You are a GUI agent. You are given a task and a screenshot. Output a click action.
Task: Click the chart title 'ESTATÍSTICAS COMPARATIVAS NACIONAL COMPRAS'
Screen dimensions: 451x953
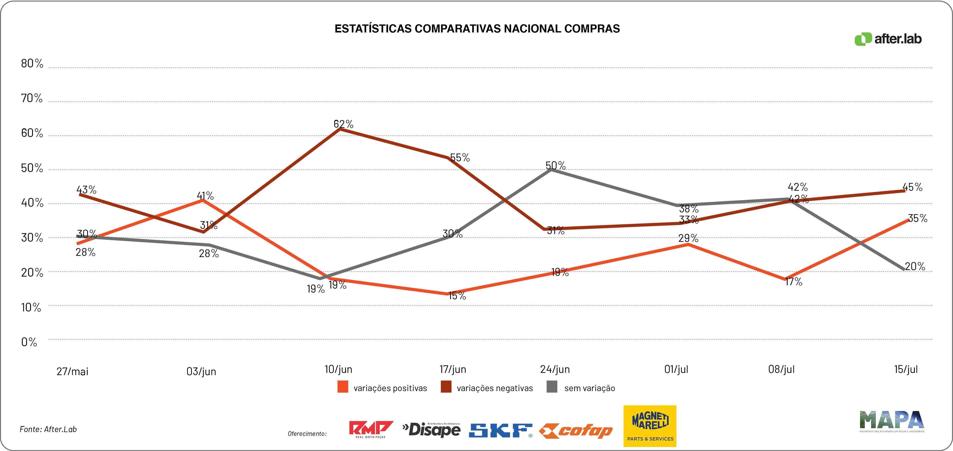[477, 29]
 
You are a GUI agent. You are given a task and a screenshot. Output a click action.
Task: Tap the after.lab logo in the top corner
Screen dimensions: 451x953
[888, 39]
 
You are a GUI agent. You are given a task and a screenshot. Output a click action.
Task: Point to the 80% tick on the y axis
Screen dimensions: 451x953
[32, 64]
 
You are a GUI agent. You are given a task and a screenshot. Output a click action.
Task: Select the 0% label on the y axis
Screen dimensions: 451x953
[29, 342]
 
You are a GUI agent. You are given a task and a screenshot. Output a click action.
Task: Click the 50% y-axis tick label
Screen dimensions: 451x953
[32, 168]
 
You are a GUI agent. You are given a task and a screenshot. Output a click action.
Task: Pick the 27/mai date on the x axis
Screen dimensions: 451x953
[72, 371]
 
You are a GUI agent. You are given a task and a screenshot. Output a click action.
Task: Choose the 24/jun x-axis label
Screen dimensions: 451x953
[555, 369]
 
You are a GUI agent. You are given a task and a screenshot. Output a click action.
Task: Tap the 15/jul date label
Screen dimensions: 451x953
[906, 369]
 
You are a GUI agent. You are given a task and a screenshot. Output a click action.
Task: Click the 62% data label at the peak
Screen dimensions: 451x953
[343, 124]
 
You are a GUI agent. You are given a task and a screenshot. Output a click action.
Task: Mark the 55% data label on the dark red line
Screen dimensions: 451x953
[460, 157]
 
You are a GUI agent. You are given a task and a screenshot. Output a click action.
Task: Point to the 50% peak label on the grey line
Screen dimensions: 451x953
[555, 165]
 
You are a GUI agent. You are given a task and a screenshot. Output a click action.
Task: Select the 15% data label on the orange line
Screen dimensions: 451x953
[457, 295]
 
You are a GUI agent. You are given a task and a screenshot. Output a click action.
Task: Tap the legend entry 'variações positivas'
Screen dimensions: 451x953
[390, 388]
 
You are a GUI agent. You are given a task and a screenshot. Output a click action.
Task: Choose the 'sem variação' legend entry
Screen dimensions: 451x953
[589, 388]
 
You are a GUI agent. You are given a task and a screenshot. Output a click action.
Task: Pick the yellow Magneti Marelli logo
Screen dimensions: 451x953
[650, 426]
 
